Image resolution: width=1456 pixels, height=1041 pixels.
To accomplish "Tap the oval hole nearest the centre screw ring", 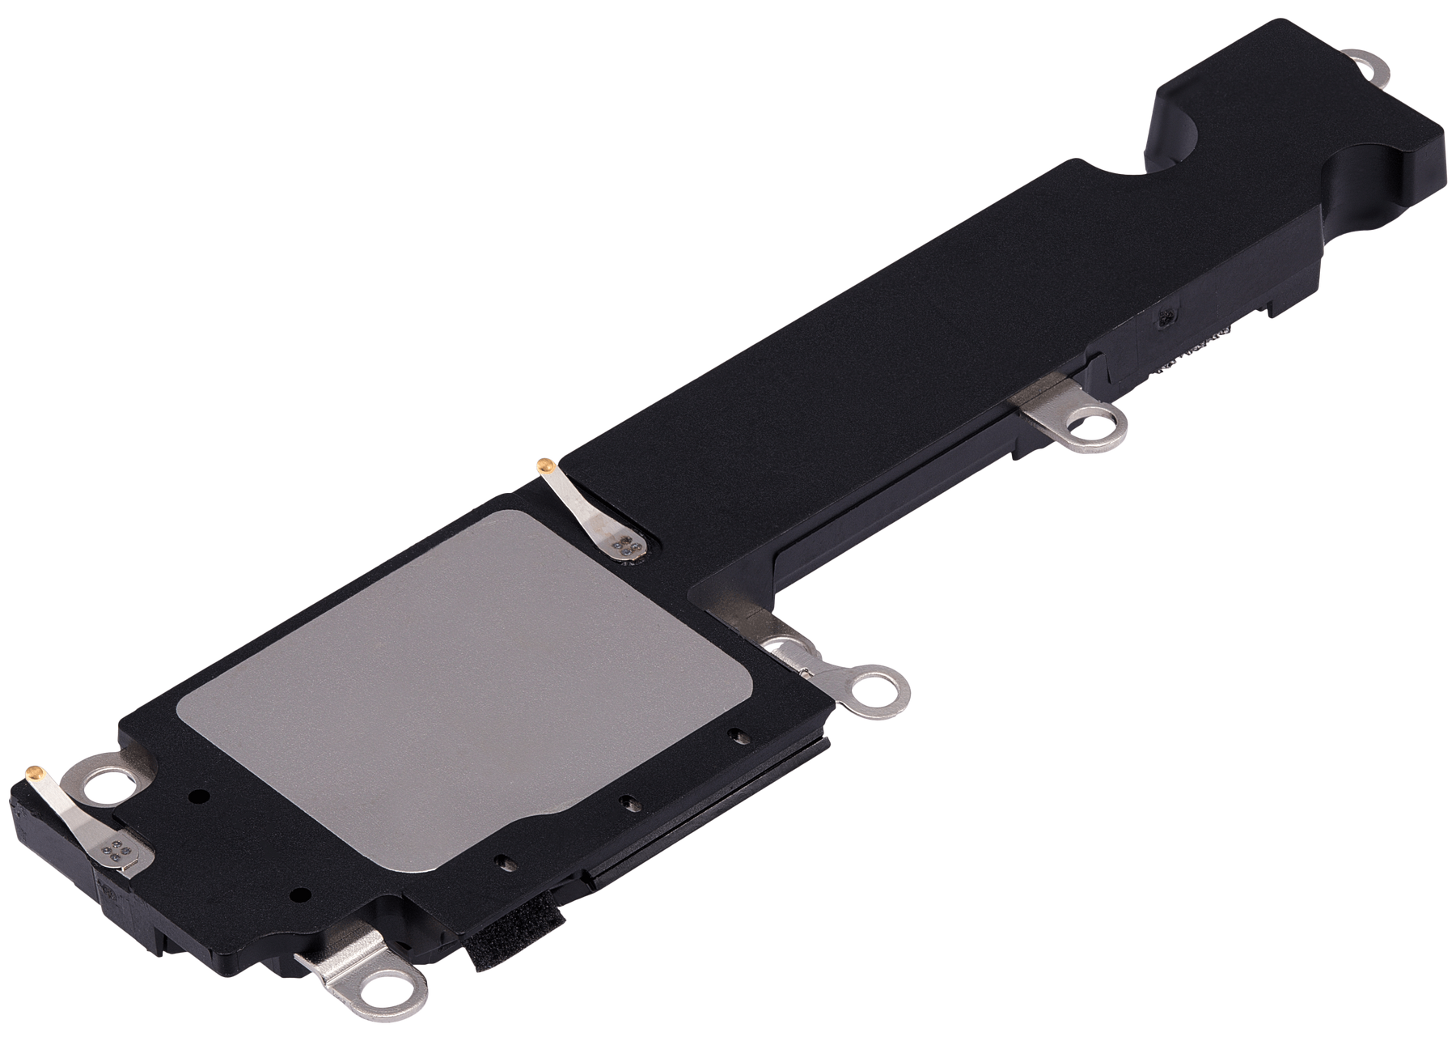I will pos(735,736).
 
